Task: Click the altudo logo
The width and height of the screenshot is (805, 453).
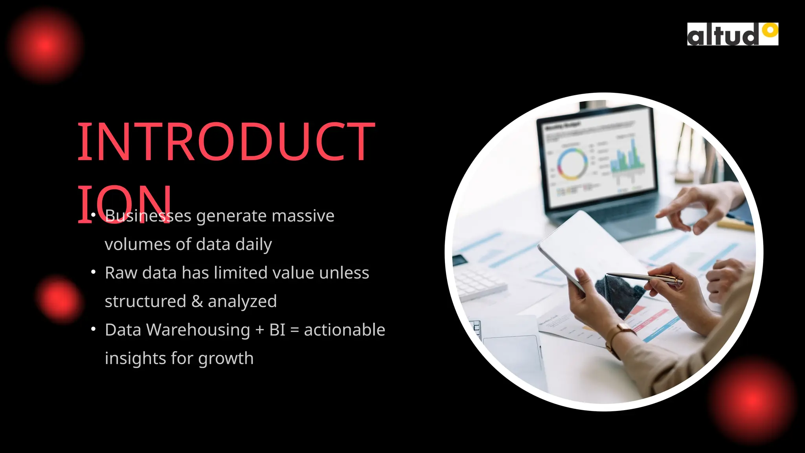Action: click(732, 34)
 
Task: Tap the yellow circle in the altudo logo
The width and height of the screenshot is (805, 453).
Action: click(770, 30)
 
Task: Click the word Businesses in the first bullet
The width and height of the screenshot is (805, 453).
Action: click(148, 216)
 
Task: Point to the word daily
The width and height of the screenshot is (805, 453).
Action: click(254, 245)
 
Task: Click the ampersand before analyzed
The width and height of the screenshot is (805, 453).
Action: click(197, 302)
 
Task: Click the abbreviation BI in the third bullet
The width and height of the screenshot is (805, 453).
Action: click(277, 330)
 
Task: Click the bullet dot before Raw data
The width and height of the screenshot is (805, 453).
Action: click(93, 272)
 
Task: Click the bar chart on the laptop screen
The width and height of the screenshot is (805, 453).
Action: click(627, 157)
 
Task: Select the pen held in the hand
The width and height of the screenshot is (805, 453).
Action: click(645, 277)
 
